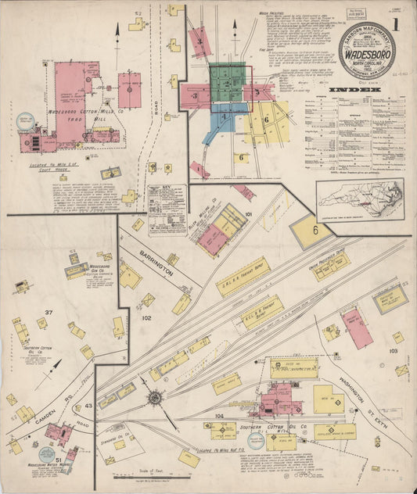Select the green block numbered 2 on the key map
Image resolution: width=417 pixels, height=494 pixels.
pos(227,83)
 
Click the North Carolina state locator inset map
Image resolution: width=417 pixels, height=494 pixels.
pos(360,199)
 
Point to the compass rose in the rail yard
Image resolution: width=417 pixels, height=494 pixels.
pos(155,399)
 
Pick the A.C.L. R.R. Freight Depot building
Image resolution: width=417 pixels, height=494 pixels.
pos(262,310)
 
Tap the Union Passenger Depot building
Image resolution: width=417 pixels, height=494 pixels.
pos(332,266)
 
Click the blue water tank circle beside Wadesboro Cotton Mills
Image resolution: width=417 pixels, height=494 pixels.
pos(26,121)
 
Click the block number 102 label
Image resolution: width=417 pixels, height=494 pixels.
pos(146,319)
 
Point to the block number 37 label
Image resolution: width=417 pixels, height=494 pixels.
pos(49,313)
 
